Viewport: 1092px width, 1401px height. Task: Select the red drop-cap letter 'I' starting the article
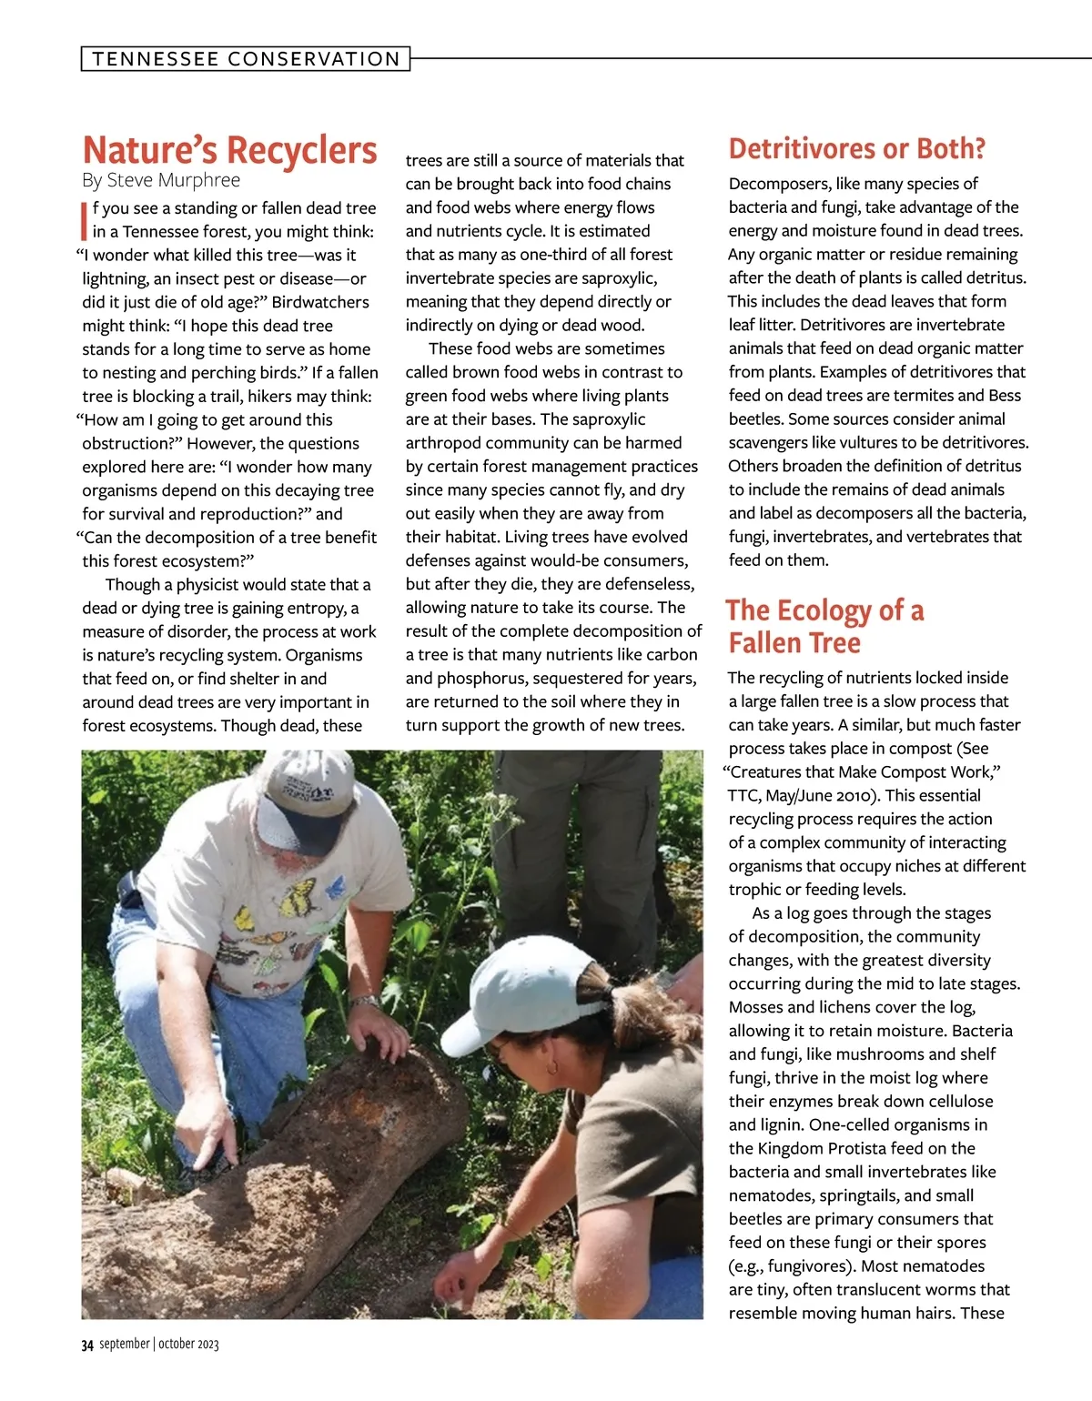(x=85, y=220)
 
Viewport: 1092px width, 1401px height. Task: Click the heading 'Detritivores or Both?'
(x=856, y=149)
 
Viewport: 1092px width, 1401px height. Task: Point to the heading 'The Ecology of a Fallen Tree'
(x=824, y=627)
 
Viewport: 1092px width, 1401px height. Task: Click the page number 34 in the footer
(x=87, y=1345)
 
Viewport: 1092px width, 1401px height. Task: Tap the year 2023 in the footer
(x=207, y=1345)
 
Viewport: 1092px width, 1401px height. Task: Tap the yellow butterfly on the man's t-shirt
(x=298, y=901)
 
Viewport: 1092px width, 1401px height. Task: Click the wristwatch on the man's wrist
(x=366, y=1001)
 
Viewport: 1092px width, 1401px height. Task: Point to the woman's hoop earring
(x=551, y=1066)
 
